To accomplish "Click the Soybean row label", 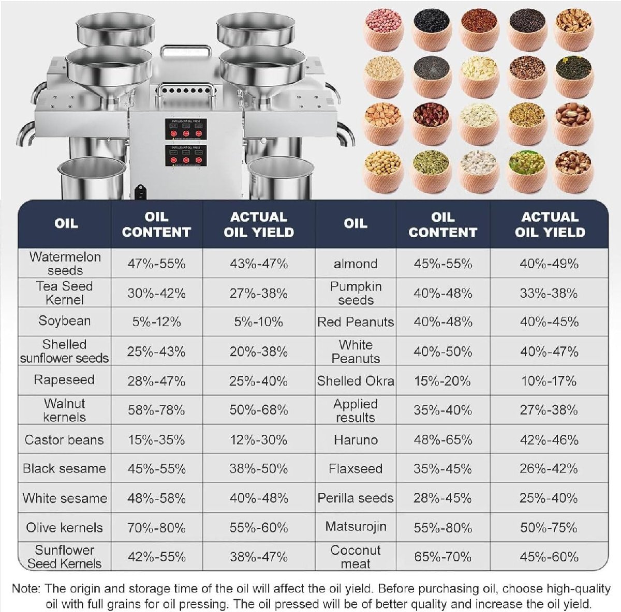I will pyautogui.click(x=65, y=321).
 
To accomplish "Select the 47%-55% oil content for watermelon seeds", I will pyautogui.click(x=156, y=264).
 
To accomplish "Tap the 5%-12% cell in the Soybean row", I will pyautogui.click(x=156, y=322).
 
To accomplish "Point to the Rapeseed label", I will pyautogui.click(x=64, y=380).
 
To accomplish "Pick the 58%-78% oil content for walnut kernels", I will pyautogui.click(x=156, y=410).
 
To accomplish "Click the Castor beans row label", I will pyautogui.click(x=64, y=440).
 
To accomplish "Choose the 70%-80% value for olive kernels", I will pyautogui.click(x=156, y=528).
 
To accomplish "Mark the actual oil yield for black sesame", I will pyautogui.click(x=259, y=469).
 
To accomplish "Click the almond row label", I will pyautogui.click(x=356, y=264).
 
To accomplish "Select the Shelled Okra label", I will pyautogui.click(x=356, y=381).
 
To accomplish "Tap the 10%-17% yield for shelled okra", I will pyautogui.click(x=549, y=381).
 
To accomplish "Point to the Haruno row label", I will pyautogui.click(x=356, y=440).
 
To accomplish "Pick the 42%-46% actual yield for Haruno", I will pyautogui.click(x=549, y=440).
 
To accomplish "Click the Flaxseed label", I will pyautogui.click(x=356, y=469).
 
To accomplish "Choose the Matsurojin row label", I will pyautogui.click(x=356, y=527).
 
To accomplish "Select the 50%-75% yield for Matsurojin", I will pyautogui.click(x=549, y=528).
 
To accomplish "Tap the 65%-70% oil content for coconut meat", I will pyautogui.click(x=442, y=557).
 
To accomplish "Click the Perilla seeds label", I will pyautogui.click(x=356, y=498).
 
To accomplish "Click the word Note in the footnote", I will pyautogui.click(x=25, y=588).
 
